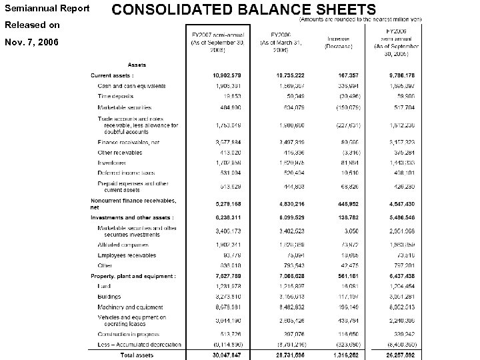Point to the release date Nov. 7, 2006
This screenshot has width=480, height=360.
click(32, 42)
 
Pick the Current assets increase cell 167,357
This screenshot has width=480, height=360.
click(344, 76)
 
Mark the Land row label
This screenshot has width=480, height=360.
click(105, 286)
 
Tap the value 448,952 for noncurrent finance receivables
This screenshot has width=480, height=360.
click(344, 203)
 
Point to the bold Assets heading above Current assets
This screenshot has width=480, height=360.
click(138, 65)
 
